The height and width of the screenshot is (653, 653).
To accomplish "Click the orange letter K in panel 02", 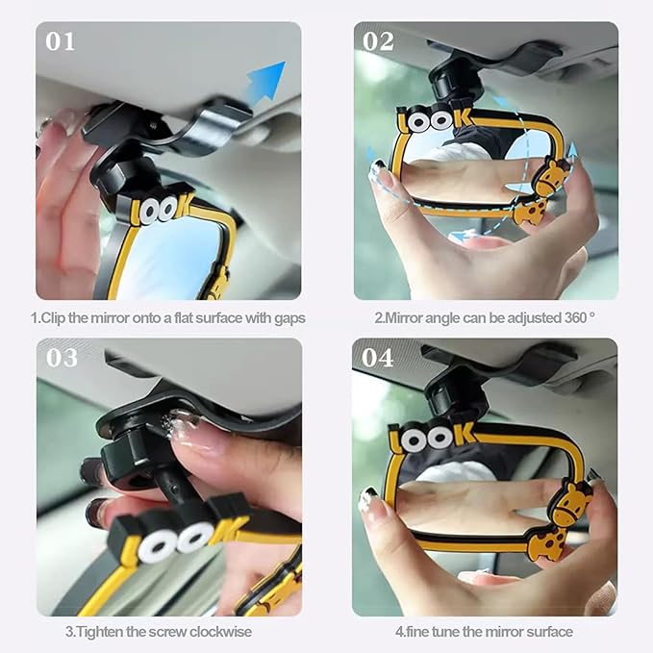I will (465, 118).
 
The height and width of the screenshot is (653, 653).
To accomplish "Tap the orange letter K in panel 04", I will (464, 434).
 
